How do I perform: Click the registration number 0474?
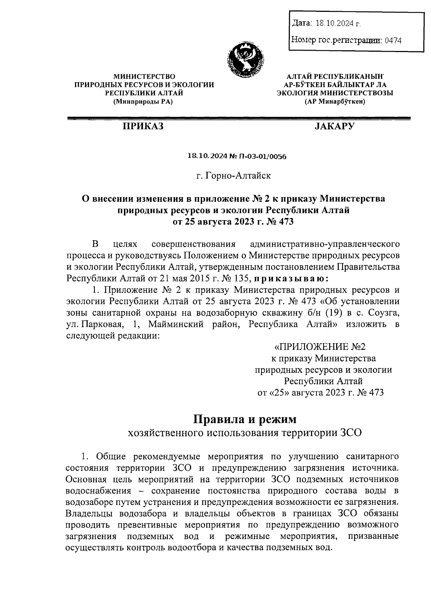pyautogui.click(x=393, y=41)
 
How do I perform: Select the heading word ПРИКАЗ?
pyautogui.click(x=143, y=126)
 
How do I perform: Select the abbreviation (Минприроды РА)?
pyautogui.click(x=143, y=102)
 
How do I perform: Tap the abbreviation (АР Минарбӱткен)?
pyautogui.click(x=335, y=102)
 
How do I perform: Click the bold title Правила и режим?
pyautogui.click(x=245, y=419)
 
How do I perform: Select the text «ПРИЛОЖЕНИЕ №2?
pyautogui.click(x=319, y=347)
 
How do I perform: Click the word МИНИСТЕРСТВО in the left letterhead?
pyautogui.click(x=144, y=76)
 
